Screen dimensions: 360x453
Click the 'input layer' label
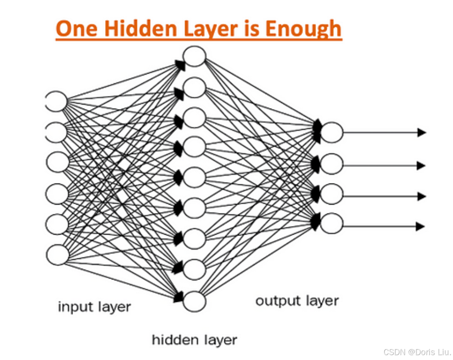point(94,306)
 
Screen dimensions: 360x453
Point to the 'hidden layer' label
point(194,340)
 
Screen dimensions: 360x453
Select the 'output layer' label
point(297,301)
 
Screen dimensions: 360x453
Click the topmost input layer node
point(57,101)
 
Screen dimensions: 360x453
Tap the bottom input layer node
point(58,255)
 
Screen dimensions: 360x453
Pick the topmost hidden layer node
point(194,56)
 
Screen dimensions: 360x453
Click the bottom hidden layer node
point(194,301)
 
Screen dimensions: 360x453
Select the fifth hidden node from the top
point(194,178)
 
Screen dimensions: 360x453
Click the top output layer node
point(332,132)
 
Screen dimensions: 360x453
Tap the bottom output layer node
point(332,224)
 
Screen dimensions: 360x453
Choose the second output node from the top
point(332,164)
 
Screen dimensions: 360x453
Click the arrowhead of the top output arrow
point(422,132)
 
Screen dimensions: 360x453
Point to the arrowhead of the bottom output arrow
point(420,227)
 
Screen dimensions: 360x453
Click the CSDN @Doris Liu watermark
point(417,352)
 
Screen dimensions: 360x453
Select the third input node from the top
point(58,162)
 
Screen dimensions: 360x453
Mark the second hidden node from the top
point(194,87)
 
